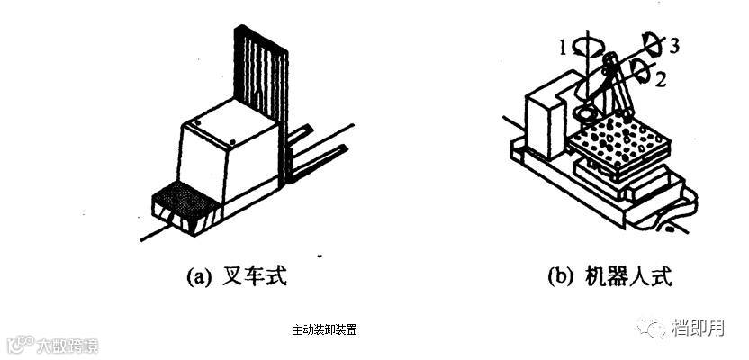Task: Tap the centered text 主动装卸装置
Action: click(x=324, y=329)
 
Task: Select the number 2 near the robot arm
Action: click(x=660, y=80)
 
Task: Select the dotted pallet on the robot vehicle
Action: click(x=621, y=139)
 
